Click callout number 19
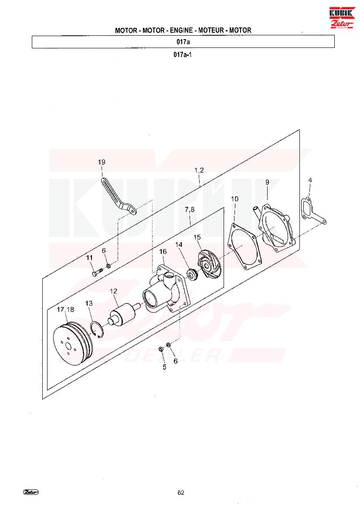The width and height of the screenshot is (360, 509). click(x=102, y=162)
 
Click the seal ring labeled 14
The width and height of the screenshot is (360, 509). click(x=193, y=275)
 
